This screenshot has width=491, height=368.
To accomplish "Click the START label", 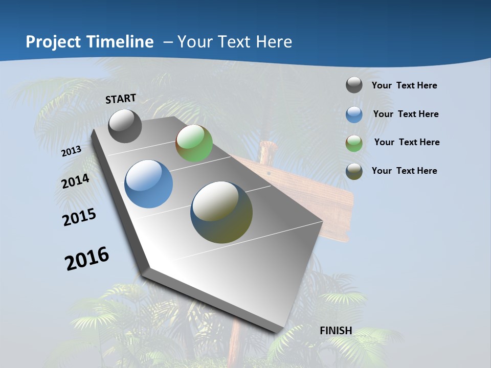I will click(121, 98).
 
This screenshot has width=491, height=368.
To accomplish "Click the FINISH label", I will click(336, 331).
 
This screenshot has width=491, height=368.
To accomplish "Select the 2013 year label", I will click(71, 151).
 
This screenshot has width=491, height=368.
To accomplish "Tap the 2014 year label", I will click(75, 181).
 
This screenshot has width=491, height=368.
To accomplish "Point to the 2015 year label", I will click(79, 217).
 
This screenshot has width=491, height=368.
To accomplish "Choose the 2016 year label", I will click(87, 258).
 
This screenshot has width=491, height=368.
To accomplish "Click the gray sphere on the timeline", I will click(125, 126).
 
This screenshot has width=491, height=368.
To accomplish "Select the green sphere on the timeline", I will click(194, 143).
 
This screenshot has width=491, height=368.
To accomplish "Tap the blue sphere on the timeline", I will click(148, 184).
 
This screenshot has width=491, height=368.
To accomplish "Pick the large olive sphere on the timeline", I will click(221, 212).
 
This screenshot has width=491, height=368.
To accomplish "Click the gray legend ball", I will click(354, 85).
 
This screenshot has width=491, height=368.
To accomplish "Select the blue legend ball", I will click(354, 114).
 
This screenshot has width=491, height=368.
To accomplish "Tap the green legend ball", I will click(354, 143).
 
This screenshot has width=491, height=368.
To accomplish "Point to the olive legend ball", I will click(354, 171).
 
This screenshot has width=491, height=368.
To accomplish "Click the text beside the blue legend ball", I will click(406, 114).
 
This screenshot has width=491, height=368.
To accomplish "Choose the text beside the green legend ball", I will click(407, 142).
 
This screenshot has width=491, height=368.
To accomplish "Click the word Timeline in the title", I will click(121, 42).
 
